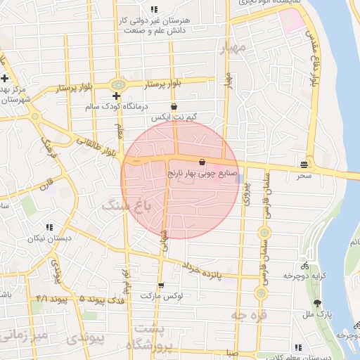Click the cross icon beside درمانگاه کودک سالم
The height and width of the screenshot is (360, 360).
117,96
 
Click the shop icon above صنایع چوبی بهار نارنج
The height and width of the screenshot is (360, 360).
202,161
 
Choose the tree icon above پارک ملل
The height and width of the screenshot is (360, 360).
319,303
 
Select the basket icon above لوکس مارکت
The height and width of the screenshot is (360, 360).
162,285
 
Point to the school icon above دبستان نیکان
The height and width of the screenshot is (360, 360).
49,227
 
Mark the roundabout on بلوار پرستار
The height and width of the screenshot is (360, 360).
117,84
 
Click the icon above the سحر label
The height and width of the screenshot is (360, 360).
304,164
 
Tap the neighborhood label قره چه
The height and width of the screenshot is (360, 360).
249,316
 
